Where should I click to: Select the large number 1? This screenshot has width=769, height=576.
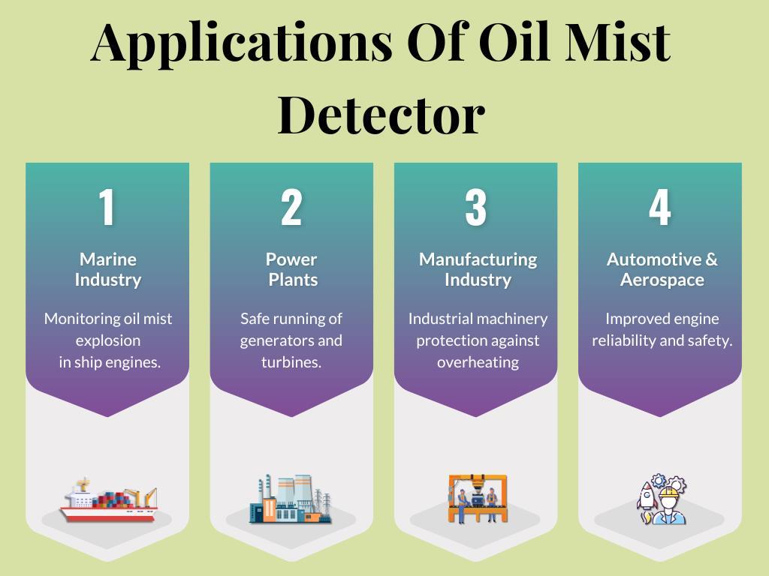(107, 208)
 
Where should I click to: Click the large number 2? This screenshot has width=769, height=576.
(291, 208)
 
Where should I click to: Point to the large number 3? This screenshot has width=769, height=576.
(475, 208)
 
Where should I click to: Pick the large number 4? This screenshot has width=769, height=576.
(659, 208)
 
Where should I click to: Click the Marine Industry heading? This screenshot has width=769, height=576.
(107, 269)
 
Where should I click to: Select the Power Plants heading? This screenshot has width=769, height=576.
(291, 269)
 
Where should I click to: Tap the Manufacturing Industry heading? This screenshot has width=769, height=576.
(478, 269)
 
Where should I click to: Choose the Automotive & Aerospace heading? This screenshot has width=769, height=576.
(662, 269)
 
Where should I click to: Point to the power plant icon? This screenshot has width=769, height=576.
(291, 499)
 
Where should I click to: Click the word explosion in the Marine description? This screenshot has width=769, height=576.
(107, 340)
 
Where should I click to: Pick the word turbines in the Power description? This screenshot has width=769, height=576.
(291, 362)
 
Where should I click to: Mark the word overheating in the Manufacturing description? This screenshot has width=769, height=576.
(478, 362)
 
